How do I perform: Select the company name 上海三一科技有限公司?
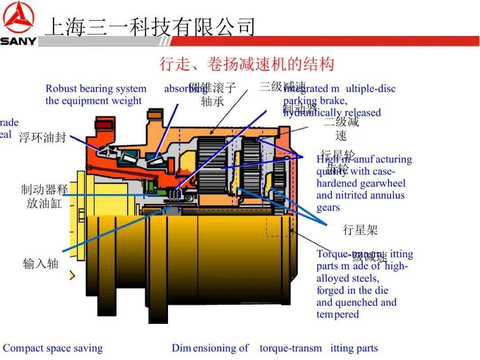pos(150,27)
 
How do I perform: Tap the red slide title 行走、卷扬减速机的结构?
pos(247,64)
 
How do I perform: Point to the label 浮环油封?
pos(42,138)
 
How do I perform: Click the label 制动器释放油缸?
pos(44,196)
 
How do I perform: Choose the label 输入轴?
pos(40,264)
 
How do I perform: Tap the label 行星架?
pos(360,230)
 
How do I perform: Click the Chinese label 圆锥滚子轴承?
pos(212,95)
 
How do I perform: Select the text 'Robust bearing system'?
pos(96,89)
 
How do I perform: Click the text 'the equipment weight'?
pos(93,101)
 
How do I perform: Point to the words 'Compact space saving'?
pos(53,348)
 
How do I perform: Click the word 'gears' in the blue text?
pos(328,208)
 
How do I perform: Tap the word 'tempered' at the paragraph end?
pos(337,314)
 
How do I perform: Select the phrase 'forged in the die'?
pos(352,290)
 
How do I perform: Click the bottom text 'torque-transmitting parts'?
pos(319,348)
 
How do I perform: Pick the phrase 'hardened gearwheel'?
pos(361,183)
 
